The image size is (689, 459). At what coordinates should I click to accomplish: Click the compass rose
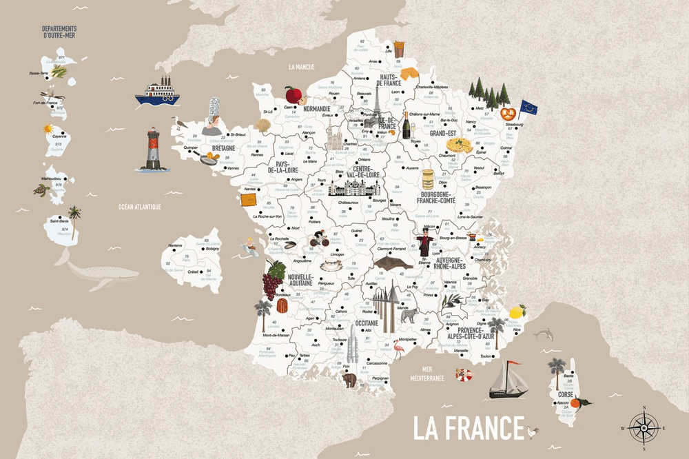(x=642, y=427)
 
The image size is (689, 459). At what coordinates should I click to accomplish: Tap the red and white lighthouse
(x=152, y=149)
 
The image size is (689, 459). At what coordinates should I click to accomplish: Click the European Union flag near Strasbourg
(x=528, y=107)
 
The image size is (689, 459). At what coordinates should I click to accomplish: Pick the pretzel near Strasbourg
(x=508, y=112)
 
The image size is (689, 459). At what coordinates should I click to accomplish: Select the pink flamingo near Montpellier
(x=399, y=351)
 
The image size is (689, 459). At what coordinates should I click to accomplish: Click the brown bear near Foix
(x=349, y=378)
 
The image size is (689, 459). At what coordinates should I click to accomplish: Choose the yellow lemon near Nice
(x=518, y=312)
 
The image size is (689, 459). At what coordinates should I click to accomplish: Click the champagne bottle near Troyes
(x=406, y=125)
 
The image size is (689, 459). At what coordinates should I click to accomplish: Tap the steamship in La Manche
(x=158, y=91)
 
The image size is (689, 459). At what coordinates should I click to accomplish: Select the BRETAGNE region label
(x=223, y=148)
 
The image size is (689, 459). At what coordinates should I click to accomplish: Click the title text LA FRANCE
(x=469, y=427)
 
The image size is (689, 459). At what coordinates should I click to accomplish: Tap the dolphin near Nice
(x=544, y=334)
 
